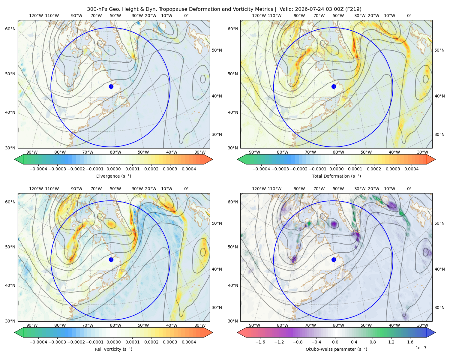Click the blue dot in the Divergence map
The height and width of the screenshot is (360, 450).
pyautogui.click(x=111, y=86)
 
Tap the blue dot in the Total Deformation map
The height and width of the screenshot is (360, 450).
pyautogui.click(x=334, y=86)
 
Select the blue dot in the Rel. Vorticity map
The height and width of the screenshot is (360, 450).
pyautogui.click(x=111, y=259)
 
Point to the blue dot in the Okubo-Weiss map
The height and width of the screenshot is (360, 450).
pyautogui.click(x=334, y=259)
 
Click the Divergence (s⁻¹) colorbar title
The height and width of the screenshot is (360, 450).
pyautogui.click(x=113, y=176)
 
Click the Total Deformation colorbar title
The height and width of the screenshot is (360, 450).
pyautogui.click(x=336, y=176)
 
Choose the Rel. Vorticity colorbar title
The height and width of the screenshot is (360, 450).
pyautogui.click(x=113, y=349)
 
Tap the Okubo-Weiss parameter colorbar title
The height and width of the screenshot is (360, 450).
pyautogui.click(x=336, y=349)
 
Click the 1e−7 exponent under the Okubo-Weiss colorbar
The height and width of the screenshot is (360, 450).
pyautogui.click(x=421, y=348)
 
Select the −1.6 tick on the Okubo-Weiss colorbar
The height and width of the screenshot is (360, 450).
pyautogui.click(x=260, y=342)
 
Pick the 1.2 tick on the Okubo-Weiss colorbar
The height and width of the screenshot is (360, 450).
pyautogui.click(x=391, y=342)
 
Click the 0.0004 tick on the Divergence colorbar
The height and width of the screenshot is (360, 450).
pyautogui.click(x=189, y=169)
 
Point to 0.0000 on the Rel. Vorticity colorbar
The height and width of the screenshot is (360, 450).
pyautogui.click(x=113, y=342)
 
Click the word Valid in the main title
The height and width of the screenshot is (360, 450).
pyautogui.click(x=286, y=9)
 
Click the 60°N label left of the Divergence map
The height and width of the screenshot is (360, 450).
pyautogui.click(x=10, y=29)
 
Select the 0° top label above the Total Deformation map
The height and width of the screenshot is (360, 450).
pyautogui.click(x=409, y=16)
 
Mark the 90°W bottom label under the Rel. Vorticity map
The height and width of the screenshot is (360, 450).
pyautogui.click(x=32, y=325)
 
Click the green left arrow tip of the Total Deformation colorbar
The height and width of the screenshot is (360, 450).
pyautogui.click(x=238, y=159)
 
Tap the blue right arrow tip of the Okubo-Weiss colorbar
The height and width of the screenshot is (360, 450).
pyautogui.click(x=435, y=332)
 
